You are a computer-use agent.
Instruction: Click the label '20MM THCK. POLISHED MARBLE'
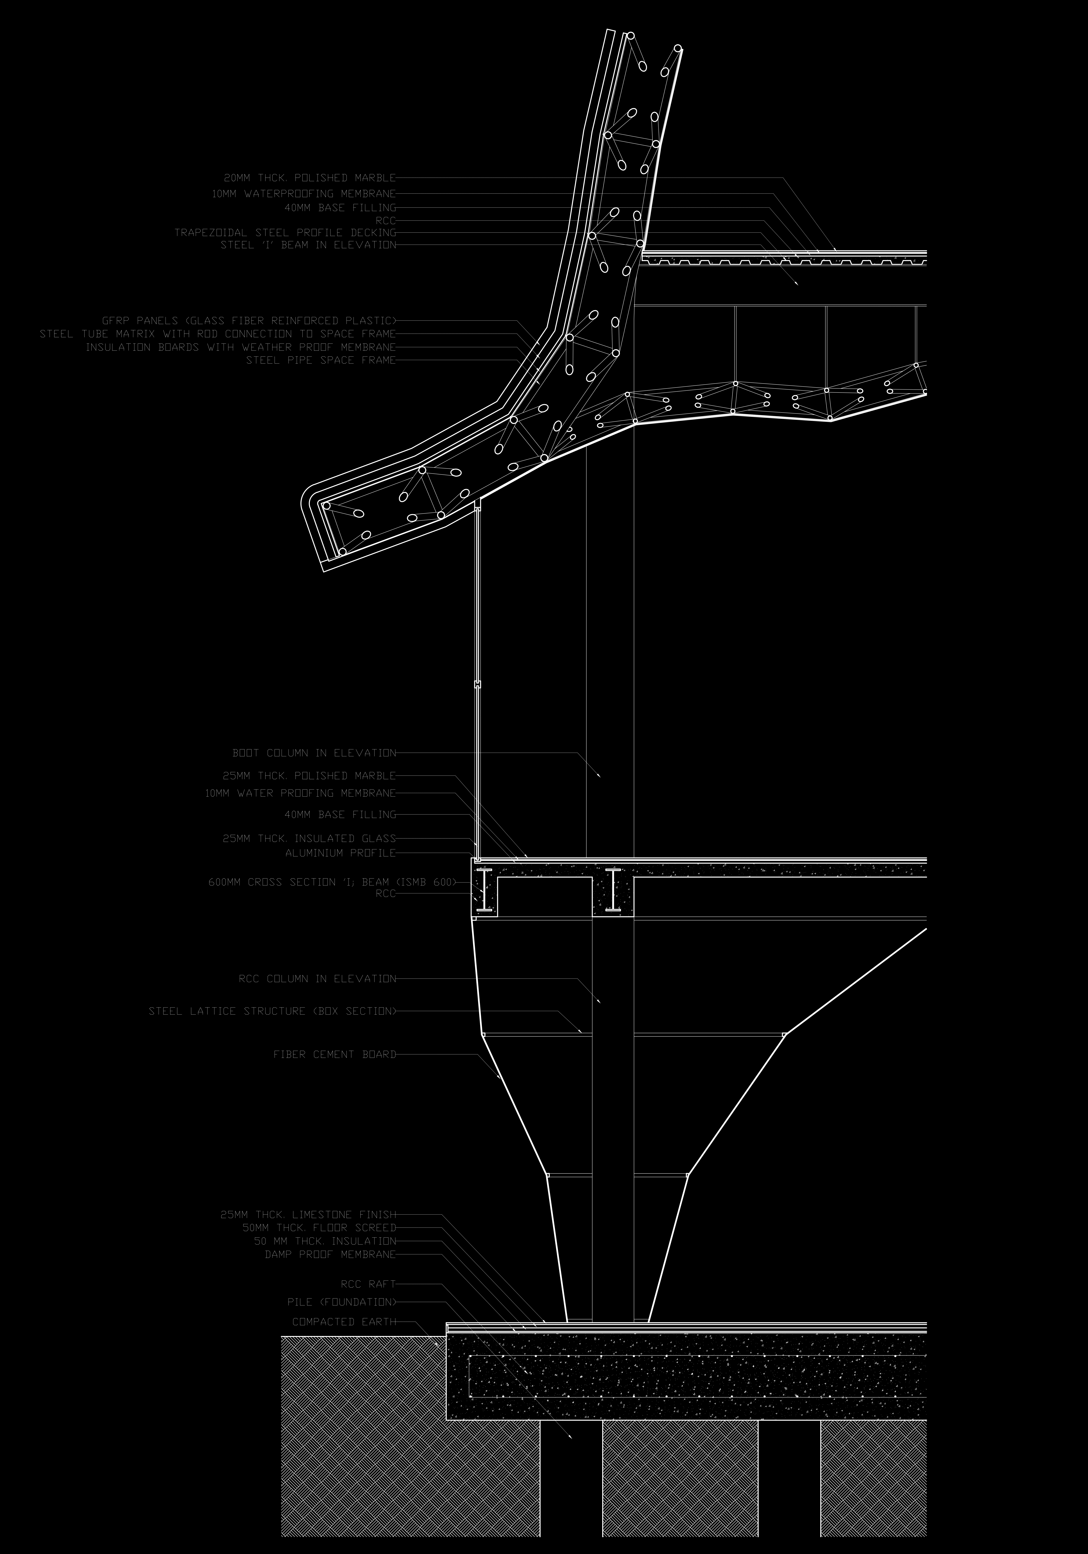click(309, 178)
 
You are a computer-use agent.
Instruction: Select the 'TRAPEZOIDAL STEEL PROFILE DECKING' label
click(285, 232)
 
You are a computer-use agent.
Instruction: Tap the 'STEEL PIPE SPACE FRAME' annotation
click(321, 360)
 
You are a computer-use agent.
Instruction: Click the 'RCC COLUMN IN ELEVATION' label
click(317, 979)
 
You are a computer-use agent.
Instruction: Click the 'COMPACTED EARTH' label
click(344, 1321)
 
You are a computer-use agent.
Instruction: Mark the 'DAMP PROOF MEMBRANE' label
click(330, 1254)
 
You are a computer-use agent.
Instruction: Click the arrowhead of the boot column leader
click(599, 775)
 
